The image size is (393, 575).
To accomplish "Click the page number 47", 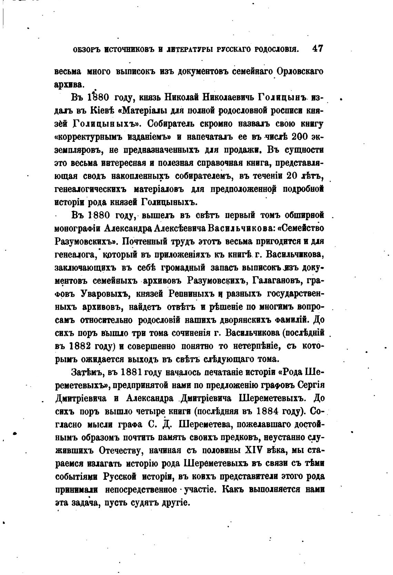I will tap(317, 49).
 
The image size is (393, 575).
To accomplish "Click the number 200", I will tap(301, 137).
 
